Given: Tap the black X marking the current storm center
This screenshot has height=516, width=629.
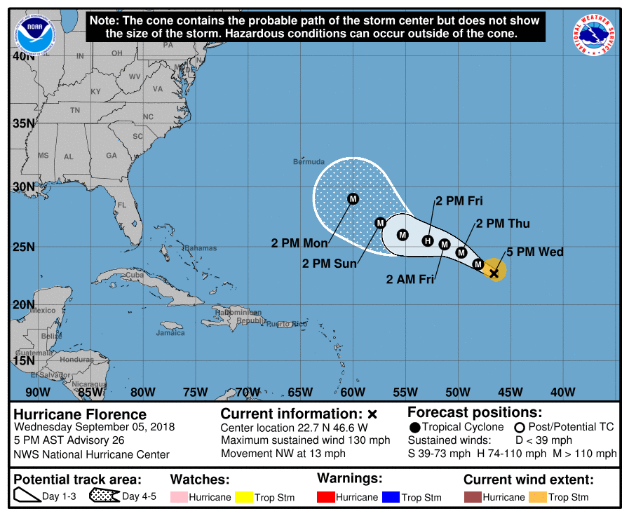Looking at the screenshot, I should [x=494, y=273].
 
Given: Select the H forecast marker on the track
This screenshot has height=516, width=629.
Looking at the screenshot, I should [x=428, y=241].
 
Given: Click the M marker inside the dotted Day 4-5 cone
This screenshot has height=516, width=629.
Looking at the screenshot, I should [x=353, y=199].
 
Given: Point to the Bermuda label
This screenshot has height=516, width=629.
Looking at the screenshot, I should [x=309, y=162].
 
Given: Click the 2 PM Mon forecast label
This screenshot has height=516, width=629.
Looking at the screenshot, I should [x=299, y=243].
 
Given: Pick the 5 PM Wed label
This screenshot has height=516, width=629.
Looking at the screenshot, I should [x=535, y=252].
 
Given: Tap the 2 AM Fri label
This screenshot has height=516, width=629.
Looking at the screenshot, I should [x=410, y=279].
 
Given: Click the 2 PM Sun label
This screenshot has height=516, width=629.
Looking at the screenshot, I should [x=329, y=264].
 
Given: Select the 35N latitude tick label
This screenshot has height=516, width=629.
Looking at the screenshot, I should [x=23, y=124].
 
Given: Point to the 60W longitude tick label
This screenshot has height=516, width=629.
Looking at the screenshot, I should [x=353, y=392].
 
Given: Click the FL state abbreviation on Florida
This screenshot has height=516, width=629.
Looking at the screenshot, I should [x=121, y=205].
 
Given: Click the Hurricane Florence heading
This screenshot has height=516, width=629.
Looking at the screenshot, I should [x=80, y=414].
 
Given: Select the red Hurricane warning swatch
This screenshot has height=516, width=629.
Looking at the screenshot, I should [x=325, y=497].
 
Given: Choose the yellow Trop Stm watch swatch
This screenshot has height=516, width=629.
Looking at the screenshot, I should [x=244, y=497].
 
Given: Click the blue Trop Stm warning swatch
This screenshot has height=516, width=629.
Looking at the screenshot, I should [x=391, y=497].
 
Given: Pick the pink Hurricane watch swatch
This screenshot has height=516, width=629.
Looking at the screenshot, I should [x=179, y=497].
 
